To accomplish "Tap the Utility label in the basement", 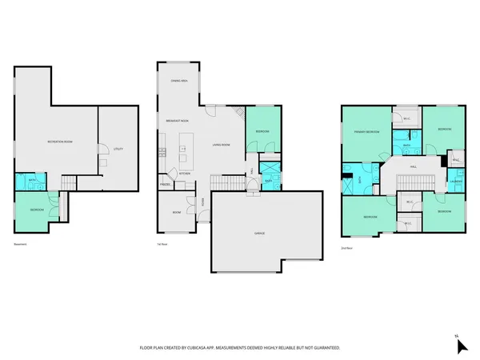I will (118, 149).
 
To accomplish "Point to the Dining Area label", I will (179, 82).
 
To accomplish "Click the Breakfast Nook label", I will (177, 119).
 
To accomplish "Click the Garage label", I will (260, 232).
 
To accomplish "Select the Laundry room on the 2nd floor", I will (455, 181).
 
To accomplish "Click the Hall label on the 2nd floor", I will (414, 166).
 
